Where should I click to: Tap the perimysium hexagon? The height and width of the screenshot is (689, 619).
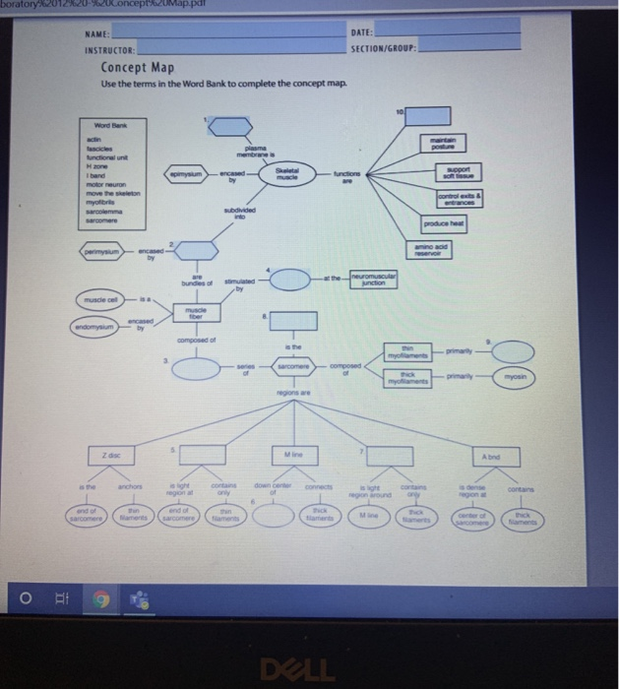coord(98,253)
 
